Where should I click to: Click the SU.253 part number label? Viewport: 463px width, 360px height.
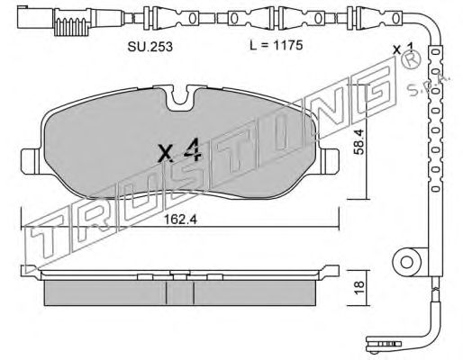[x=150, y=47]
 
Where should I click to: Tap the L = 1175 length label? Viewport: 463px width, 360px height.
[x=276, y=46]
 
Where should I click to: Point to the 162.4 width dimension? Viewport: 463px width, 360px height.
[x=180, y=220]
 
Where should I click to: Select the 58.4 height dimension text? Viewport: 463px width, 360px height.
[x=359, y=141]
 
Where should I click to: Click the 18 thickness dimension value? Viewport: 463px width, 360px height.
[x=359, y=288]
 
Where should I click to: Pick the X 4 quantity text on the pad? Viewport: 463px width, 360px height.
[x=179, y=150]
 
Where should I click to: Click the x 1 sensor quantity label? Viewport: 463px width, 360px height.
[x=404, y=49]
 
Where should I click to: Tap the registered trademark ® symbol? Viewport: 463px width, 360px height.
[x=410, y=60]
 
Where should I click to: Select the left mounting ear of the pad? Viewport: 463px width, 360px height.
[x=30, y=161]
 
